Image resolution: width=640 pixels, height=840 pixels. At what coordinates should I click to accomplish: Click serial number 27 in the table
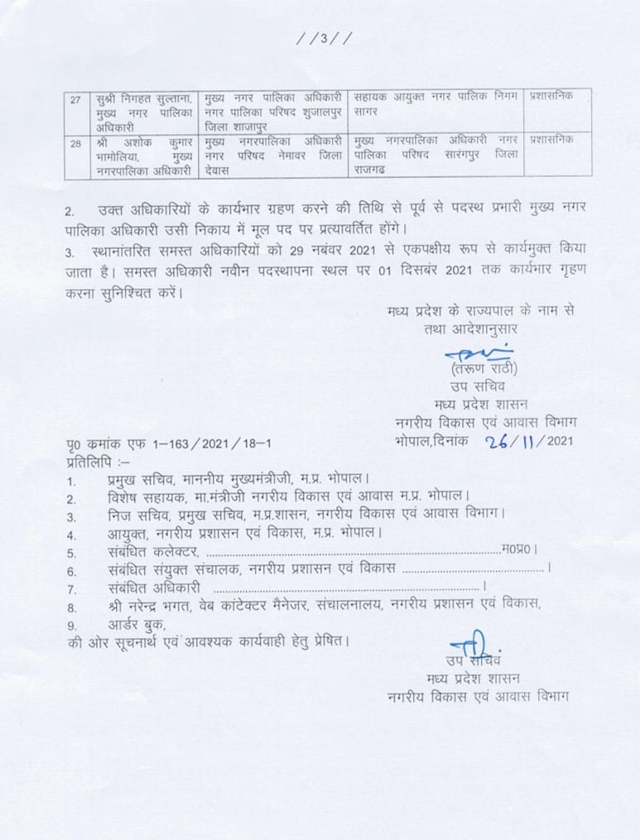(x=75, y=100)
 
